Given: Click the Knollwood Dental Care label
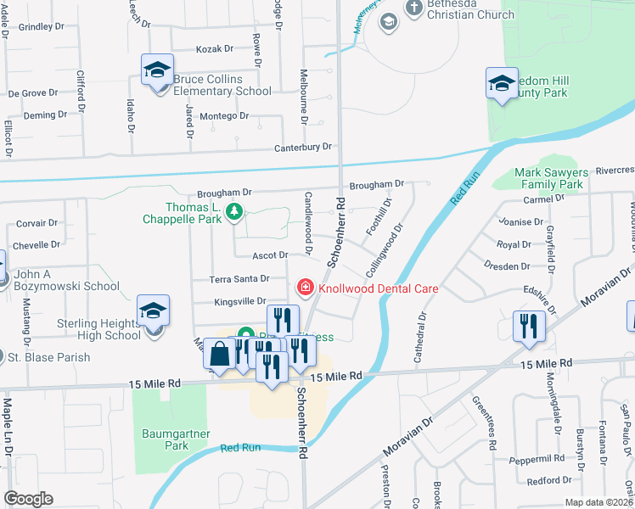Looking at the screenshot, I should [377, 288].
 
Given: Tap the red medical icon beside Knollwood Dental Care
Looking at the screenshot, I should [303, 288].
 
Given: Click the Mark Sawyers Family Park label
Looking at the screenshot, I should [548, 178].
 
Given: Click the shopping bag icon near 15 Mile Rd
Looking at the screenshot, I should [220, 355].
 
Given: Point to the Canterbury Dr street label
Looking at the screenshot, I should [302, 148].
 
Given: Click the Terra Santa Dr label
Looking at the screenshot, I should [240, 278].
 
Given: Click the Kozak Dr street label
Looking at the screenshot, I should [214, 50].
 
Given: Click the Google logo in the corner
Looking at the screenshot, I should [28, 499].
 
